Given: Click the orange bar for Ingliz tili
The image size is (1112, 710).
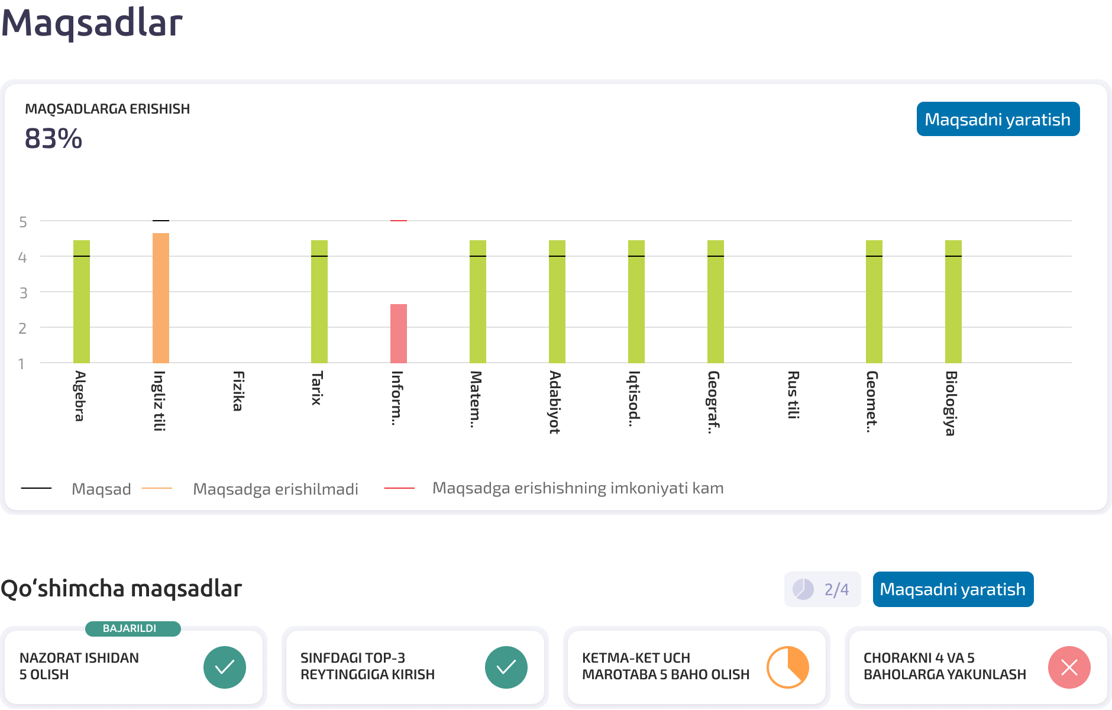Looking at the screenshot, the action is [161, 298].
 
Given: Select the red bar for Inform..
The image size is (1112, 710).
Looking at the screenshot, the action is [399, 333].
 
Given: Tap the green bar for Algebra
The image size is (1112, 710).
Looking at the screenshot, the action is [82, 301].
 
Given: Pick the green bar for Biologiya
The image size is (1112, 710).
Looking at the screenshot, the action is [953, 301].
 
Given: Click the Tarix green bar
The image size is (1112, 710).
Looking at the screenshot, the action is [319, 301].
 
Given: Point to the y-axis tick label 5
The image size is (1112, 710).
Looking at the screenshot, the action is [23, 222].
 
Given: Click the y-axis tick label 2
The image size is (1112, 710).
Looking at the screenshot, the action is [23, 328].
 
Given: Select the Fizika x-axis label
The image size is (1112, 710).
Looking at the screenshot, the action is [238, 390].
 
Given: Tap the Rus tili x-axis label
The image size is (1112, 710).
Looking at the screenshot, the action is [793, 395].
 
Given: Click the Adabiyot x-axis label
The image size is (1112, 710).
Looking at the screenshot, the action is [555, 402].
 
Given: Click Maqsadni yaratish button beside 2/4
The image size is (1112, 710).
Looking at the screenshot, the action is [953, 589].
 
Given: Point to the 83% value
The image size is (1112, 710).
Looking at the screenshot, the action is [53, 139].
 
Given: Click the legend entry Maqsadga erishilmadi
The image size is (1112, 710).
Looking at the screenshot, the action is [276, 489].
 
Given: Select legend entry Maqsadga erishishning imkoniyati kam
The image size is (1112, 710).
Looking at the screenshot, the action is [578, 488].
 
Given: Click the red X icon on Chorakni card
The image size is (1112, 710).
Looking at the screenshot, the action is [1069, 667].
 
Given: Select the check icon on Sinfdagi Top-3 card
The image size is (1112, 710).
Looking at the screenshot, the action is [506, 667].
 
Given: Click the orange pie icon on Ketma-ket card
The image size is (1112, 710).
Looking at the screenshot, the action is [788, 667].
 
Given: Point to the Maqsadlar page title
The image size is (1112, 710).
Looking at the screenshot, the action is [92, 24].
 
